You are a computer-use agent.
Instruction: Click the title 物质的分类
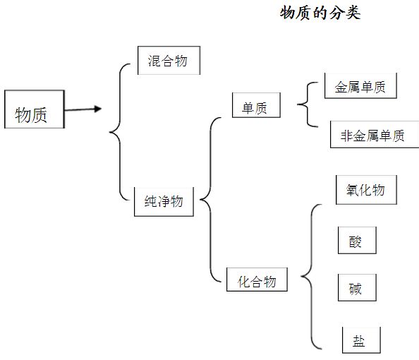coord(320,13)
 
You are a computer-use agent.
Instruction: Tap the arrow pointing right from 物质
coord(83,109)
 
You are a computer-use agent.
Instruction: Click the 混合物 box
coord(169,61)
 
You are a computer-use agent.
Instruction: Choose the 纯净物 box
coord(164,202)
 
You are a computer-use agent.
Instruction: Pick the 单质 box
coord(255,107)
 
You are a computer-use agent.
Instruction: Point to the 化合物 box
coord(256,281)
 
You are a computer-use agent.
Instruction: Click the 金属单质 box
coord(360,86)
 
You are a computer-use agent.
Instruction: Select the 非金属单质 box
coord(374,136)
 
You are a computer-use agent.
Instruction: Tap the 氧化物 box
coord(365,190)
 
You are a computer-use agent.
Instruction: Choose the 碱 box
coord(356,289)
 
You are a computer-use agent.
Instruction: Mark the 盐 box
coord(360,340)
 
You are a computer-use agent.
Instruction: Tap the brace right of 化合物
coord(310,277)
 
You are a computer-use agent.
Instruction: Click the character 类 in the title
coord(353,13)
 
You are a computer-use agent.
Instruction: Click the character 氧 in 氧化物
coord(353,190)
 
